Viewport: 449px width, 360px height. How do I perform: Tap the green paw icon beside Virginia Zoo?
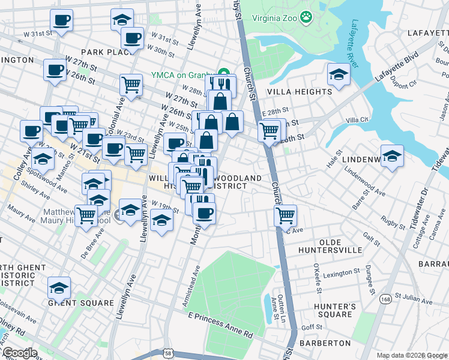pos(307,17)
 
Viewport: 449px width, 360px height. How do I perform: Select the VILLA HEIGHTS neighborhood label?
pos(300,92)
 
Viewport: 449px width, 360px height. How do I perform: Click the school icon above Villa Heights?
pos(339,76)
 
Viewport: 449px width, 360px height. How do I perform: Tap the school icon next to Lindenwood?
pos(392,157)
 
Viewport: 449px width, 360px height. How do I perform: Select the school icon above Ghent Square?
pos(59,289)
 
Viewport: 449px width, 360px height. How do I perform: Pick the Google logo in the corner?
pos(20,353)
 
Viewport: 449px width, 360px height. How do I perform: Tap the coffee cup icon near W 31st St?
pos(61,21)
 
